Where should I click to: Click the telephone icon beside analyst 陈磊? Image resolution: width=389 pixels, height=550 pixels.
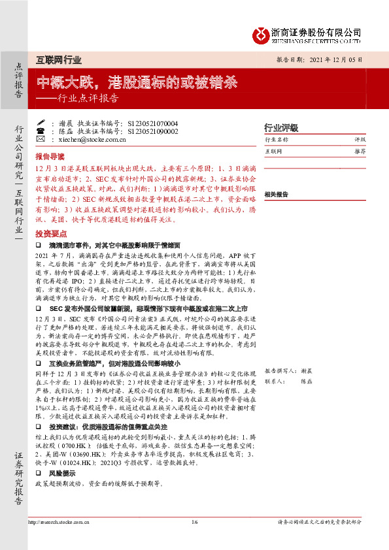(x=41, y=131)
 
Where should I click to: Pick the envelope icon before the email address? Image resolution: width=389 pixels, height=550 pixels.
(x=41, y=139)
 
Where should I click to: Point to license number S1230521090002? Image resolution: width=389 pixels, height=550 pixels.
(x=153, y=131)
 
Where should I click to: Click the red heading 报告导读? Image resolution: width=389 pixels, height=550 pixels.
(x=50, y=157)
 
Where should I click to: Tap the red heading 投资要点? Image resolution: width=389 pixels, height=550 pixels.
(x=50, y=233)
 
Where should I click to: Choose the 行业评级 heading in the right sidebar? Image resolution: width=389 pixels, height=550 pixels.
(x=280, y=127)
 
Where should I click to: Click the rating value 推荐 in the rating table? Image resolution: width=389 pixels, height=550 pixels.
(x=360, y=151)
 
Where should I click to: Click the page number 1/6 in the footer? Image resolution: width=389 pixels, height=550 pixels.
(x=194, y=521)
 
